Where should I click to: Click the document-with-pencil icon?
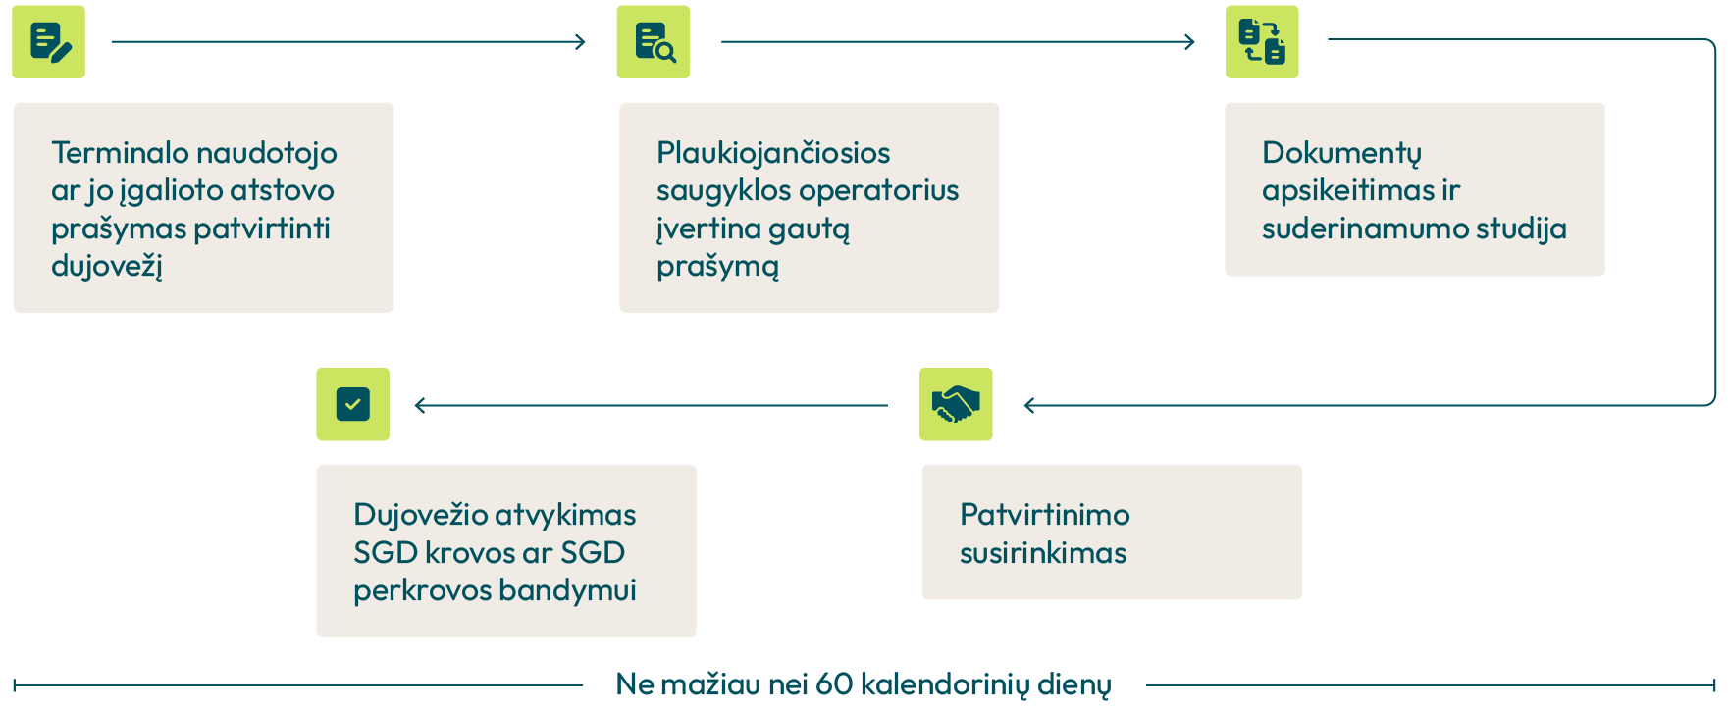[x=49, y=42]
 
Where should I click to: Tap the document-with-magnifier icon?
[x=654, y=42]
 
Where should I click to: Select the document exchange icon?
[x=1262, y=42]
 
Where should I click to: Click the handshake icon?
[x=956, y=404]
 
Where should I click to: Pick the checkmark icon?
[x=352, y=404]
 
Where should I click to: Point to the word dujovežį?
[x=106, y=266]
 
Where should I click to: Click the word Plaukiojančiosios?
[x=773, y=153]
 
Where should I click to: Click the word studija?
[x=1521, y=228]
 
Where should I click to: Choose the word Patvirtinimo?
[x=1044, y=515]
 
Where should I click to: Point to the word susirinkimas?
[x=1042, y=553]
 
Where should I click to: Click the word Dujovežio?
[x=421, y=515]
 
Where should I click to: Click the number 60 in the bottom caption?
[x=834, y=683]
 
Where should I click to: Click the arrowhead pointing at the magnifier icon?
[x=581, y=41]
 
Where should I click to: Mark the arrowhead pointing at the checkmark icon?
[x=420, y=405]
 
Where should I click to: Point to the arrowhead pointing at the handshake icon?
[x=1029, y=405]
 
